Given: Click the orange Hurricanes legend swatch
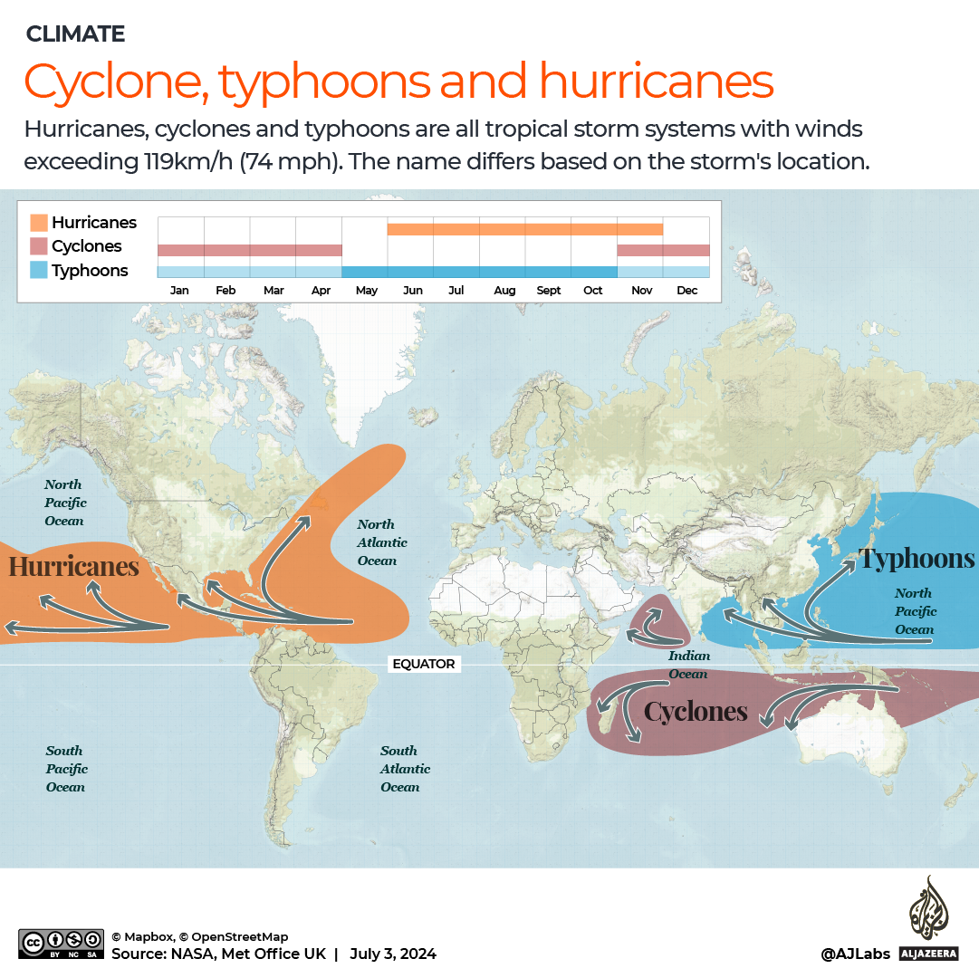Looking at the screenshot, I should click(x=39, y=223).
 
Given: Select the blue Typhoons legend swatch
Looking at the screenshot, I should click(x=39, y=270).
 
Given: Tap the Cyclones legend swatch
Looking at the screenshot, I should click(x=39, y=246).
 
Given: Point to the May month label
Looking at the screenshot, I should click(x=366, y=291).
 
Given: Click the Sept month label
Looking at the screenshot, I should click(x=549, y=291).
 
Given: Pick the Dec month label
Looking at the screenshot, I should click(x=686, y=291).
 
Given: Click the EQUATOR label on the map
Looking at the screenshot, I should click(x=423, y=664).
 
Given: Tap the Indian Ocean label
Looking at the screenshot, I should click(x=688, y=665).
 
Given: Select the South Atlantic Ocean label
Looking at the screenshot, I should click(x=404, y=769).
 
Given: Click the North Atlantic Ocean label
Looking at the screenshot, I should click(x=381, y=542).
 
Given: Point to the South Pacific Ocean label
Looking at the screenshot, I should click(x=66, y=769).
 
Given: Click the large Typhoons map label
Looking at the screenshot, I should click(x=917, y=558).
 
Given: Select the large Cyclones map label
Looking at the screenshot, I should click(x=696, y=712).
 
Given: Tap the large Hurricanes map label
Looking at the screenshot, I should click(x=73, y=567).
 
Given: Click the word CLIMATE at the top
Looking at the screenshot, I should click(x=75, y=34).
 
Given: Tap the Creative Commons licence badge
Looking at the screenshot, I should click(x=60, y=944).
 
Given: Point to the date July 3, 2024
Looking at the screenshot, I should click(x=393, y=954).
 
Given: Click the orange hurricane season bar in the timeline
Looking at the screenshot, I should click(x=525, y=229).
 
